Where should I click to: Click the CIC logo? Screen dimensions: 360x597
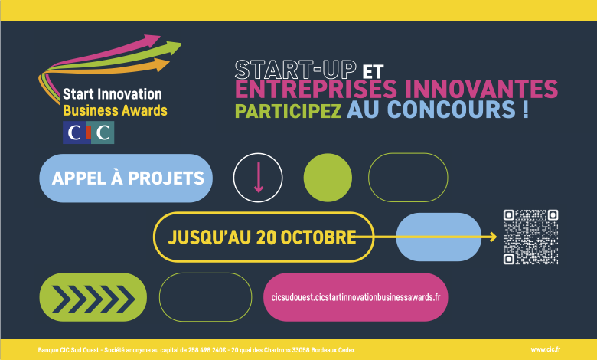tap(88, 133)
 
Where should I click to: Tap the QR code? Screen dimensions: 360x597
tap(530, 237)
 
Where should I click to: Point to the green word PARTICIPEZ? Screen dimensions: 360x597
tap(288, 111)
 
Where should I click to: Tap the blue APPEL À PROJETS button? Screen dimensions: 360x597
tap(126, 178)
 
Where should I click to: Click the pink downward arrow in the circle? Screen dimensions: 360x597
tap(258, 178)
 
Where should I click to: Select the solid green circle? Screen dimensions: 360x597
tap(328, 178)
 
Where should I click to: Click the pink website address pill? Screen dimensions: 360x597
tap(356, 297)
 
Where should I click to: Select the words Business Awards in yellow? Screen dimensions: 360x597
tap(115, 110)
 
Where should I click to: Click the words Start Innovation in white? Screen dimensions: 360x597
tap(112, 94)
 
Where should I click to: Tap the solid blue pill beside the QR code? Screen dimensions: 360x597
tap(439, 237)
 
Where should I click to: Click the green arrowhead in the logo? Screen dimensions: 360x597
tap(175, 48)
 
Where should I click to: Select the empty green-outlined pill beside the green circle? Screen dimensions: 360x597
tap(408, 178)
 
